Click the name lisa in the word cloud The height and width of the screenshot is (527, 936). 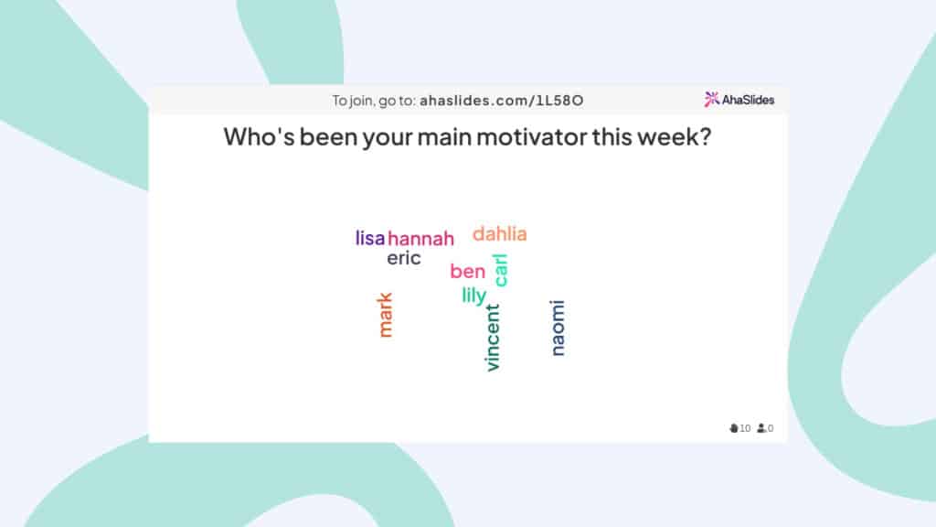pyautogui.click(x=370, y=238)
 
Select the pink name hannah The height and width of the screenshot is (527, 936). pyautogui.click(x=420, y=239)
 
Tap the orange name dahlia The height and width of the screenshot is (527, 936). pyautogui.click(x=500, y=233)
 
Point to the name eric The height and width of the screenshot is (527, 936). pyautogui.click(x=403, y=258)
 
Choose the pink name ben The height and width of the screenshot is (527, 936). pyautogui.click(x=467, y=271)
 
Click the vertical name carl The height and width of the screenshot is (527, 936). pyautogui.click(x=500, y=270)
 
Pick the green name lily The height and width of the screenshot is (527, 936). pyautogui.click(x=474, y=296)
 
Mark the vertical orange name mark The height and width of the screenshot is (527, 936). pyautogui.click(x=385, y=315)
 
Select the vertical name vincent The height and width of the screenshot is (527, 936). pyautogui.click(x=492, y=338)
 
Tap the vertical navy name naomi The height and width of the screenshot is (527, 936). pyautogui.click(x=557, y=328)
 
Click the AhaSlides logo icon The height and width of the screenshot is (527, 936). pyautogui.click(x=711, y=99)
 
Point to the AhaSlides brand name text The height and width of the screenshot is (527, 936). pyautogui.click(x=748, y=100)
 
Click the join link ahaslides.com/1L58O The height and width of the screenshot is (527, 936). pyautogui.click(x=502, y=101)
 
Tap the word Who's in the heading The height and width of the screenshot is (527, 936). pyautogui.click(x=259, y=137)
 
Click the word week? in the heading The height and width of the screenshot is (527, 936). pyautogui.click(x=674, y=137)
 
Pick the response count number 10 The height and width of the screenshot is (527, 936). pyautogui.click(x=745, y=428)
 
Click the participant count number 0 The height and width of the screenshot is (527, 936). pyautogui.click(x=771, y=428)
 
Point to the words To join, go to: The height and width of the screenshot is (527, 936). pyautogui.click(x=374, y=101)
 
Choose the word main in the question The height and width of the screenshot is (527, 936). pyautogui.click(x=444, y=137)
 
